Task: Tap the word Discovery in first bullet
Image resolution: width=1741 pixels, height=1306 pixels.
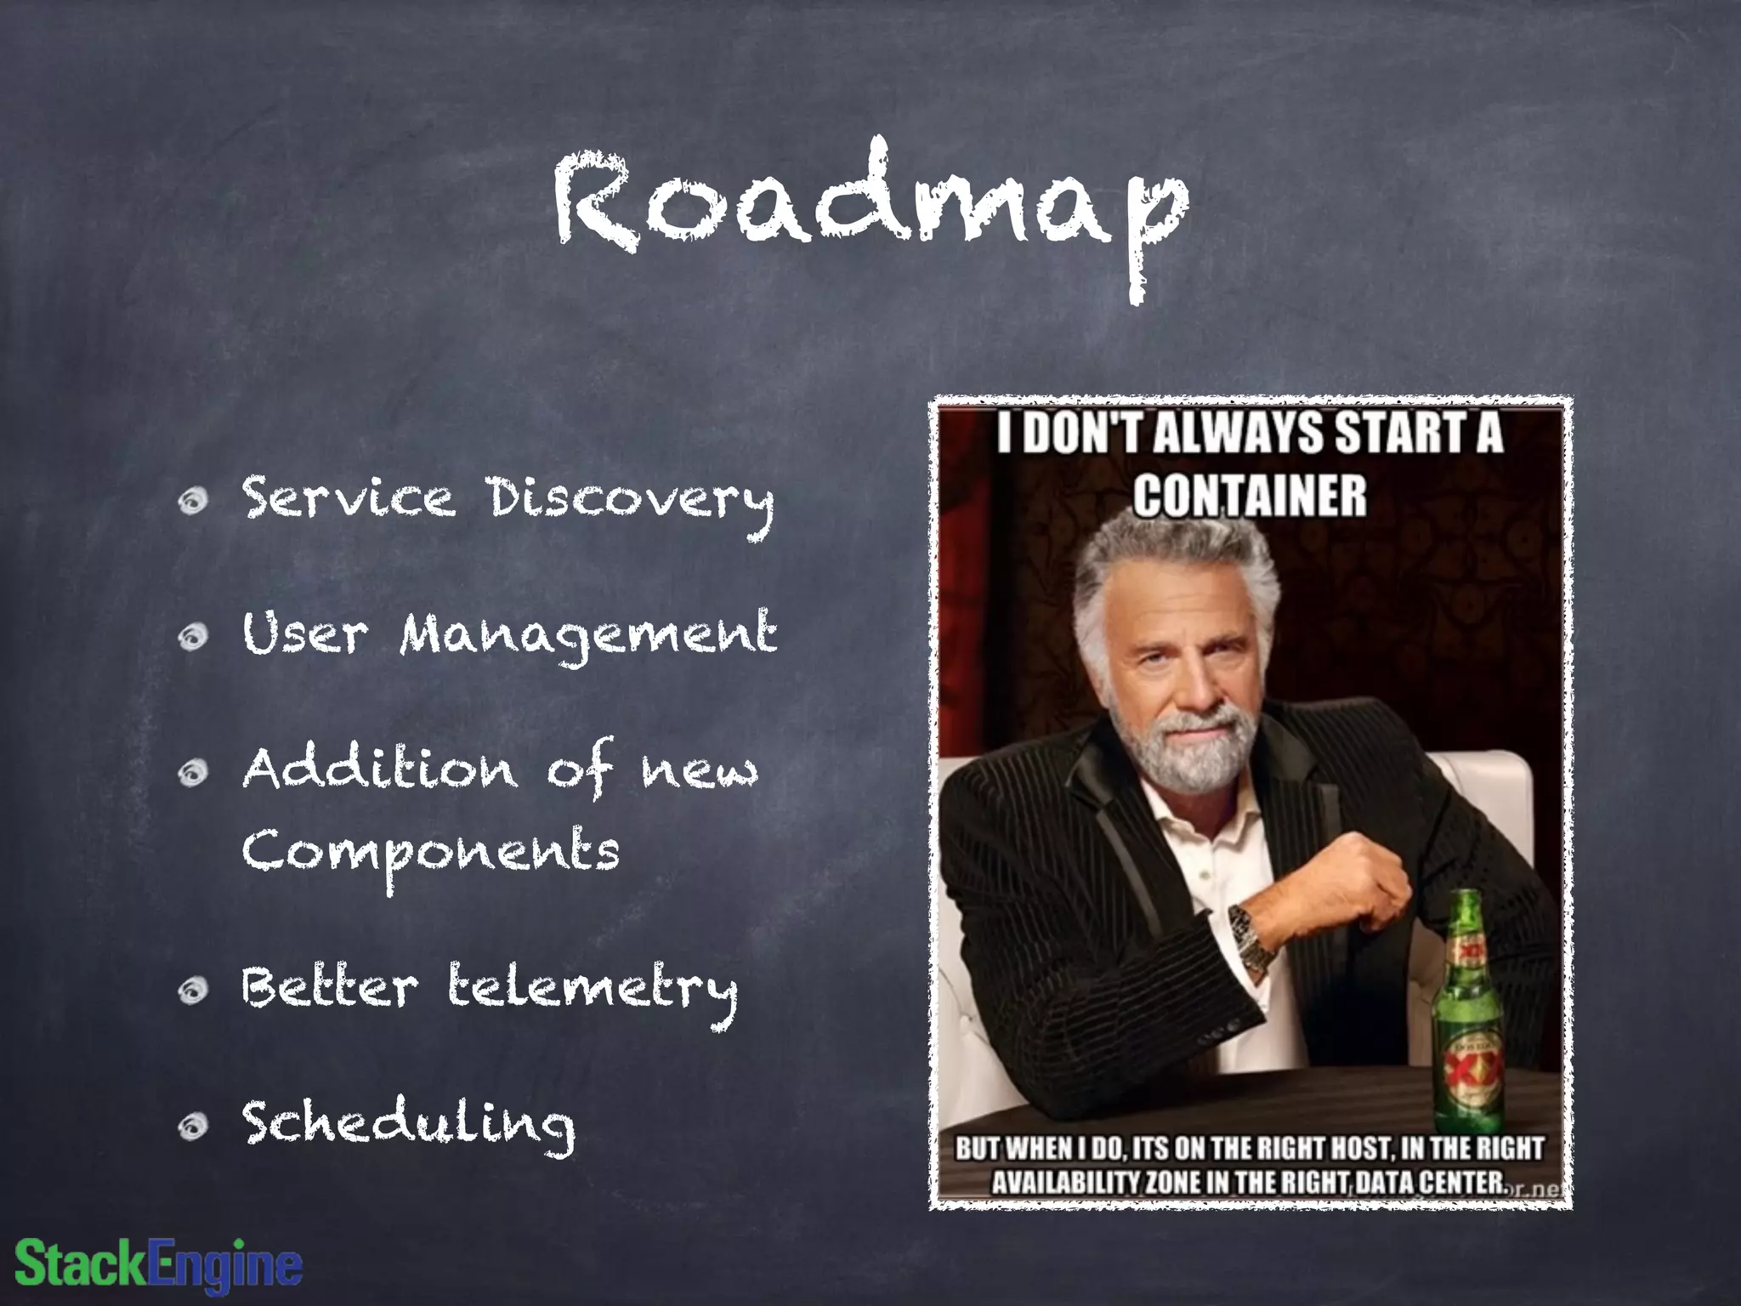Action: tap(631, 500)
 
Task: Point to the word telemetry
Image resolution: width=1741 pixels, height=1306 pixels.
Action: tap(593, 991)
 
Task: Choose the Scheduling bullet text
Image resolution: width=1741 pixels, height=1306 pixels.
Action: tap(408, 1124)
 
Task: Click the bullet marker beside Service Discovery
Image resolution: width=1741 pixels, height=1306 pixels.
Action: tap(195, 503)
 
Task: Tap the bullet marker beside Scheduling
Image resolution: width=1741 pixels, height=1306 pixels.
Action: tap(195, 1127)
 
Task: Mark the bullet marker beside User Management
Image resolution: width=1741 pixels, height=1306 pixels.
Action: tap(195, 638)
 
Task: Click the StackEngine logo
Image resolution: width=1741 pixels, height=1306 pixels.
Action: tap(159, 1264)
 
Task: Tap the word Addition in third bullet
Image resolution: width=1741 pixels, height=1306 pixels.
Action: tap(378, 770)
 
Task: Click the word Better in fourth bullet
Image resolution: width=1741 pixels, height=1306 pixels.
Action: tap(328, 989)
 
